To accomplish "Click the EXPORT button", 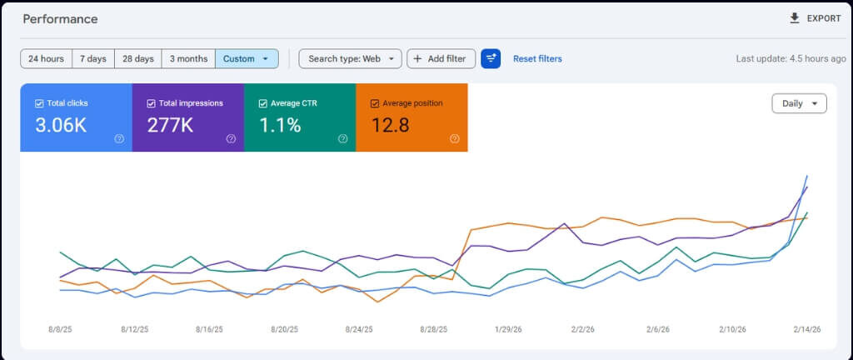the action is coord(815,18).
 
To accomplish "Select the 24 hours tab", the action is coord(47,58).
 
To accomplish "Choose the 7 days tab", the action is coord(93,58).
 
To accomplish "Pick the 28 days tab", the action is coord(138,58).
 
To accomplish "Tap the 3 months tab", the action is coord(188,58).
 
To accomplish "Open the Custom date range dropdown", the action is coord(247,58).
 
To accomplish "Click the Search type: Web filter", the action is coord(351,58).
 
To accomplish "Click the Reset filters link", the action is coord(537,58).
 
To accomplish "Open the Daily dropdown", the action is coord(799,103).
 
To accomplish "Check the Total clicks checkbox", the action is coord(39,103).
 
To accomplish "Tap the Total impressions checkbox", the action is coord(152,103).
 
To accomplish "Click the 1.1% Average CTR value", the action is coord(280,126).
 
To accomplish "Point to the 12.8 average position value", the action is coord(390,126).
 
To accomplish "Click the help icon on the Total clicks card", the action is coord(119,138).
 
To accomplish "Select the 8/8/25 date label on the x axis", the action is coord(60,329).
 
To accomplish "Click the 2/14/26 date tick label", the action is coord(806,329).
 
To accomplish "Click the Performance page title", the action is coord(60,19).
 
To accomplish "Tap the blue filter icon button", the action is coord(491,58).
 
